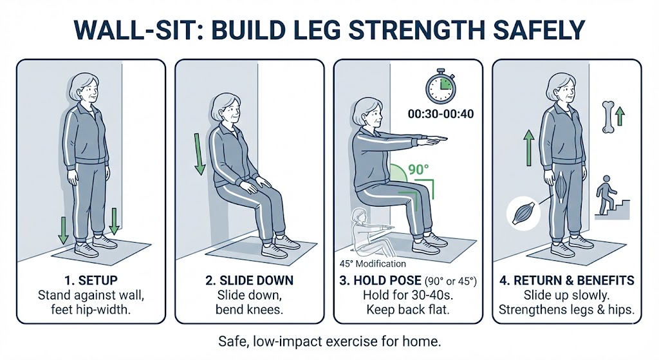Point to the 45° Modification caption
[x=373, y=263]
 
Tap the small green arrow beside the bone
[x=620, y=116]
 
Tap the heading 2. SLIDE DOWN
[x=249, y=281]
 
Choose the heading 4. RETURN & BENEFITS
[x=567, y=281]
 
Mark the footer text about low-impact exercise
[x=329, y=339]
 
